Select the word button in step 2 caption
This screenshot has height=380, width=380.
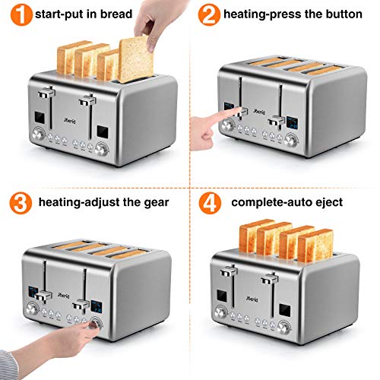pos(340,14)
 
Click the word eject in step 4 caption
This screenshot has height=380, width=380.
pos(331,202)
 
